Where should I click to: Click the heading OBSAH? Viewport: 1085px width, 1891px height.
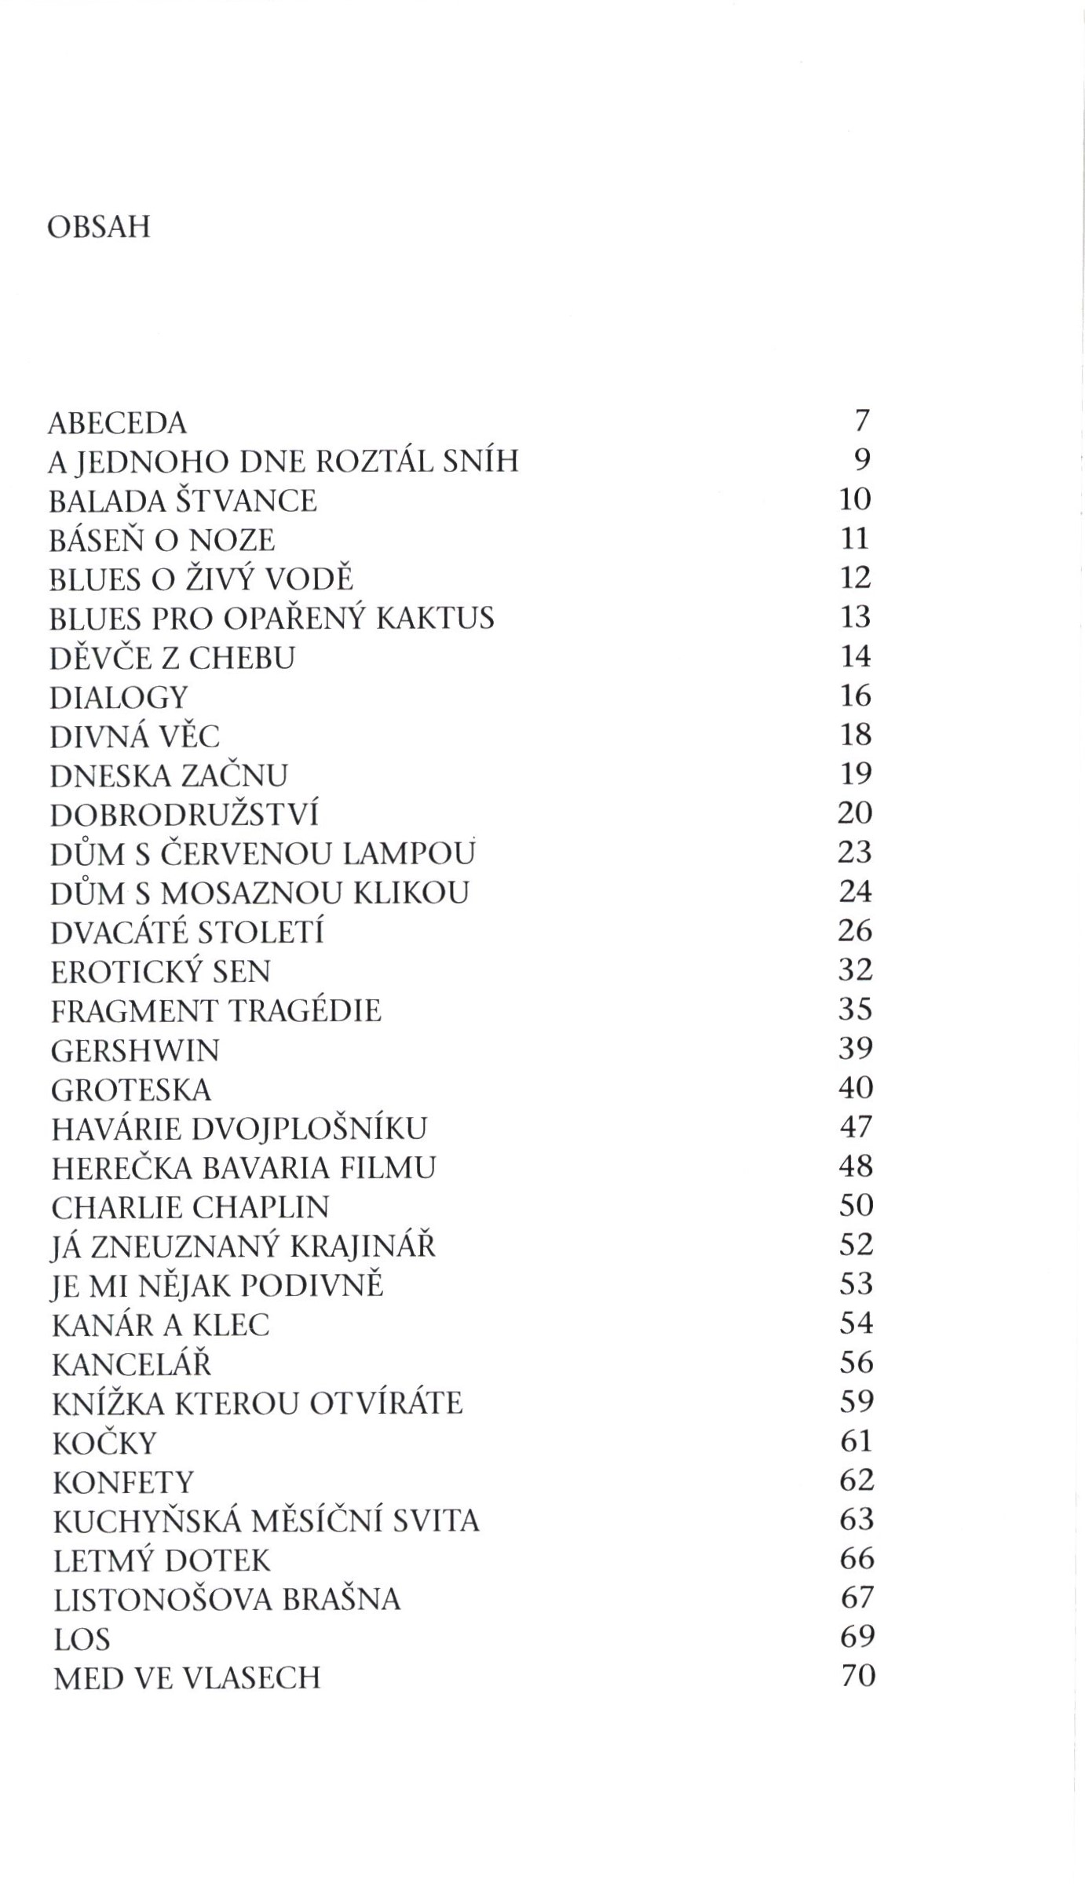(x=98, y=228)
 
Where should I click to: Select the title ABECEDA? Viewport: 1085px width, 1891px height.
(x=118, y=423)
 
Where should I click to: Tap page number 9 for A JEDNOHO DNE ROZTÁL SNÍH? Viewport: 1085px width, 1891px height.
(x=862, y=460)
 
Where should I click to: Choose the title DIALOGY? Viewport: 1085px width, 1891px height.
(x=119, y=697)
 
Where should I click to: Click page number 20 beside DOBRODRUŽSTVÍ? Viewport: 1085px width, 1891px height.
(x=855, y=813)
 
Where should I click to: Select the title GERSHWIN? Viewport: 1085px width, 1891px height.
(x=135, y=1050)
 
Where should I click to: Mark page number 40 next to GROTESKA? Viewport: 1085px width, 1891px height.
(x=856, y=1088)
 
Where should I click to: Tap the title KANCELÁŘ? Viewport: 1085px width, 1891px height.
(x=132, y=1364)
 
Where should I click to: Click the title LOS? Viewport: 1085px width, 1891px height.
(x=82, y=1639)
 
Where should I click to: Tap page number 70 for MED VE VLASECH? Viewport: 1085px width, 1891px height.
(x=857, y=1677)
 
